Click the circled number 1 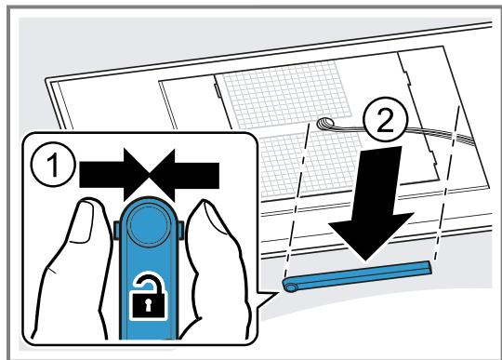(54, 164)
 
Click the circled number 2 (386, 120)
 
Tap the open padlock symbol (148, 296)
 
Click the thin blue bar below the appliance (357, 276)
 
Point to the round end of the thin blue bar (290, 286)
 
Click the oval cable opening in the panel (325, 123)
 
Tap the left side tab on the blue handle (116, 230)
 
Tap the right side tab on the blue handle (181, 230)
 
